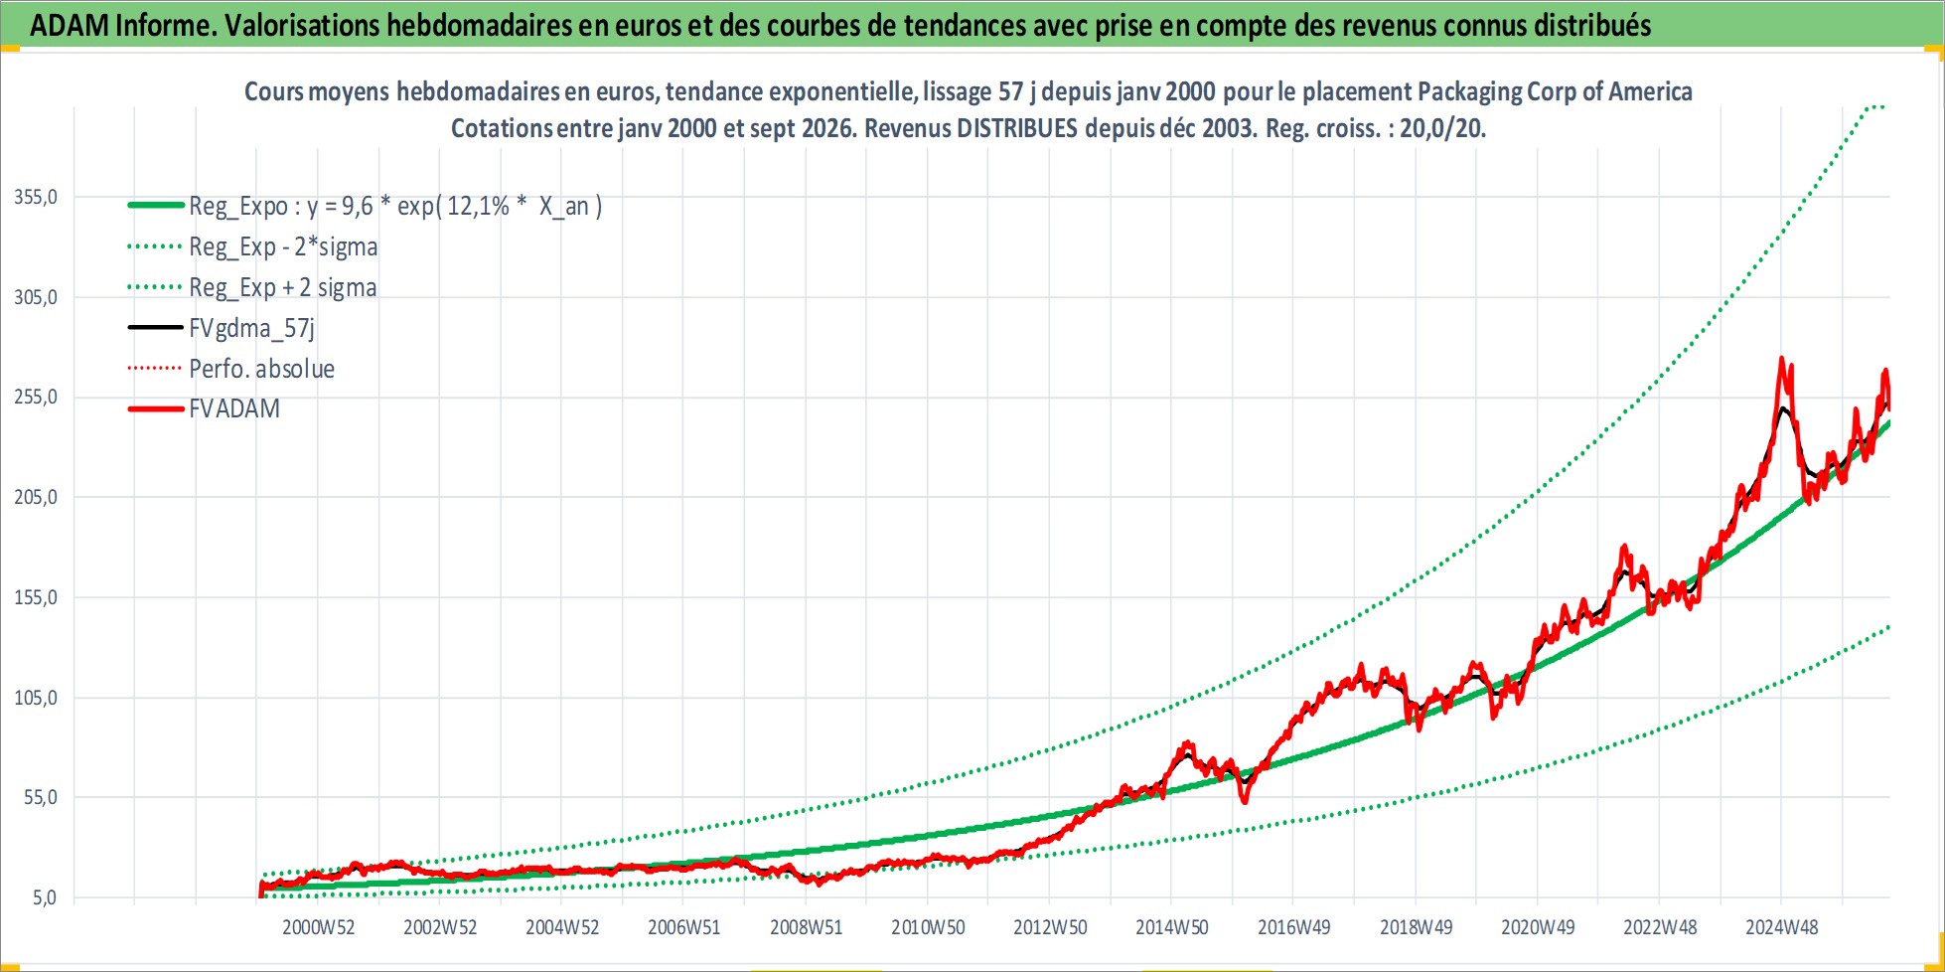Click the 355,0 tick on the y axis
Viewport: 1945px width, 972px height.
click(36, 197)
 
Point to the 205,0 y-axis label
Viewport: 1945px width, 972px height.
click(36, 497)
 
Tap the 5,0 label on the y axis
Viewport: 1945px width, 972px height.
click(45, 897)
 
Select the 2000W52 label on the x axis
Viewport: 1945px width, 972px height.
click(318, 927)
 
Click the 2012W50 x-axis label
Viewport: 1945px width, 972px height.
click(1050, 927)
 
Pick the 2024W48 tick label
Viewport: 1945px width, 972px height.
click(1782, 927)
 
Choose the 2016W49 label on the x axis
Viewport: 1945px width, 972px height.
click(1293, 927)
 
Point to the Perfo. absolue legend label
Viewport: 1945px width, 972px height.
click(261, 369)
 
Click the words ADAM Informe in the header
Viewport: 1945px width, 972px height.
click(122, 25)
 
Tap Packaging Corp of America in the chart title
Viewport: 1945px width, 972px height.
click(1555, 91)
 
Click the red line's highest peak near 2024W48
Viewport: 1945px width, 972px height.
click(1781, 359)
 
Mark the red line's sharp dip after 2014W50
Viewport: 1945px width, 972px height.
click(1245, 800)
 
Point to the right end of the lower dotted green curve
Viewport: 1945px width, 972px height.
click(1888, 627)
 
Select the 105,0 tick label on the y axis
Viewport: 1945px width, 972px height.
click(36, 698)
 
